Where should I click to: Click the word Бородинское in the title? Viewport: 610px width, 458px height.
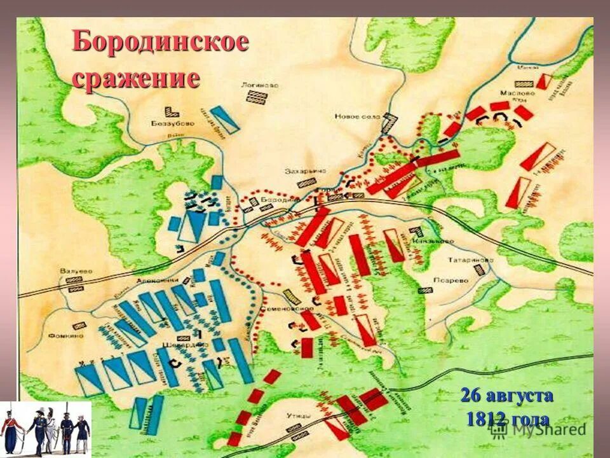[160, 43]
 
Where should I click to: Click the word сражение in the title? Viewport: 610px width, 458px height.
[136, 78]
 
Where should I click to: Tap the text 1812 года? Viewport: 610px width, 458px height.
[508, 419]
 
